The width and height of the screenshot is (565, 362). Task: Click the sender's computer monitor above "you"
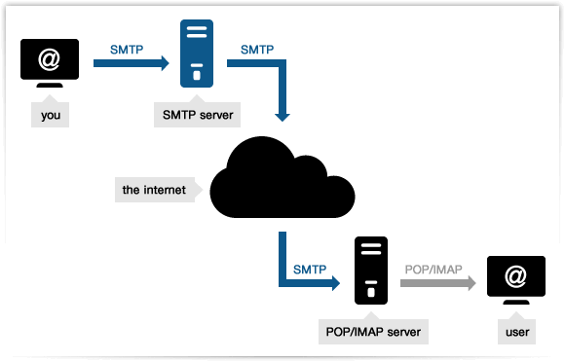pos(50,61)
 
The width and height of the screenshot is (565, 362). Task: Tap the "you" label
pos(51,116)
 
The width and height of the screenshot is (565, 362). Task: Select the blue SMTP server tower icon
pos(197,54)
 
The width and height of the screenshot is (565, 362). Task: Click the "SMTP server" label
pos(198,115)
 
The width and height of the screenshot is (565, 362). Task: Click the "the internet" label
pos(153,189)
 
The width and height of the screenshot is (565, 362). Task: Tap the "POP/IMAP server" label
pos(370,332)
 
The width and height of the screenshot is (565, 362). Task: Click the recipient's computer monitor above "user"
pos(516,278)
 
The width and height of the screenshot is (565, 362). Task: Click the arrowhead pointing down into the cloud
pos(282,114)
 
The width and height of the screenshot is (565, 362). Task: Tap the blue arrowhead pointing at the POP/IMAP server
pos(333,284)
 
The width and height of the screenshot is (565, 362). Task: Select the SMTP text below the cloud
pos(309,268)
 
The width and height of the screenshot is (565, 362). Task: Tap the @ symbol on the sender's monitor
pos(50,59)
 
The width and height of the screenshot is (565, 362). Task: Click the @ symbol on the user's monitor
pos(516,277)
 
